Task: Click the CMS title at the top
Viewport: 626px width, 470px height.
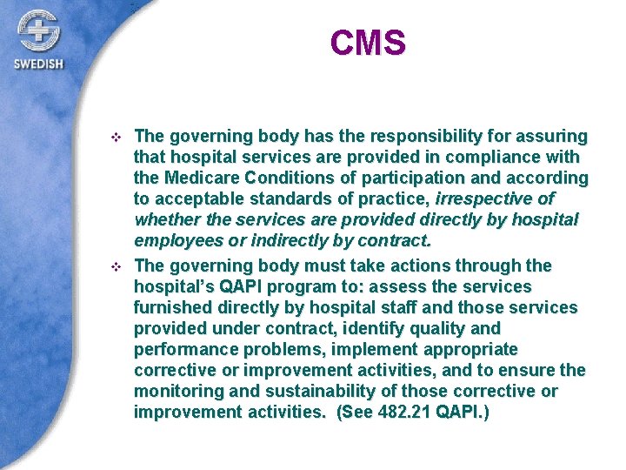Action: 368,43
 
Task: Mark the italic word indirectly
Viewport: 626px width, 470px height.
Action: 296,242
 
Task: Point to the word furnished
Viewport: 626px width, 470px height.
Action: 172,307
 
